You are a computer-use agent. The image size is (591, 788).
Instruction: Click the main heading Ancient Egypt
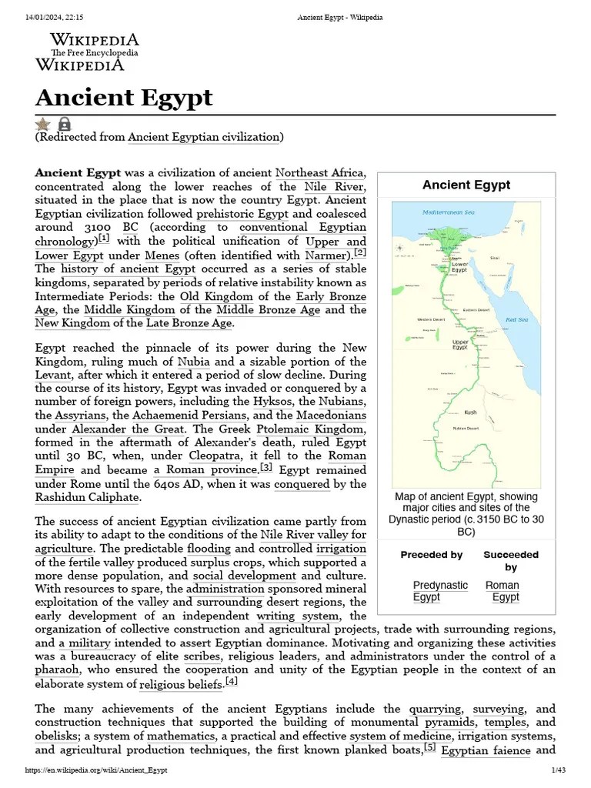pos(124,98)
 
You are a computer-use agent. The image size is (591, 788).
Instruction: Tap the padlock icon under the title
pos(64,124)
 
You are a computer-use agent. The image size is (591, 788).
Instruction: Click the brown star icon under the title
pos(43,124)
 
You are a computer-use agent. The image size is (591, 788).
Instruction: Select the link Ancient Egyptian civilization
pos(203,137)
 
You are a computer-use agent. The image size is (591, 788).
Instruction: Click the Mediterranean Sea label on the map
pos(449,212)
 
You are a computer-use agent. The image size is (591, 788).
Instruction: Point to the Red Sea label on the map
pos(516,319)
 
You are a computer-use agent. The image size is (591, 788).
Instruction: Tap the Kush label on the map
pos(470,412)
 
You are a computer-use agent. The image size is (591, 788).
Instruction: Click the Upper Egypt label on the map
pos(460,345)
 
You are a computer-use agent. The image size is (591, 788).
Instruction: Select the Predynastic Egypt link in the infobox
pos(439,591)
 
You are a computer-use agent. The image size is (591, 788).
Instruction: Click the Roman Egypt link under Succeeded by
pos(503,591)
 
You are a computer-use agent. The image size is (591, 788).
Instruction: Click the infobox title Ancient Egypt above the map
pos(466,185)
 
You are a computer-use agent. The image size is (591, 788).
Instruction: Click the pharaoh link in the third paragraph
pos(57,669)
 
